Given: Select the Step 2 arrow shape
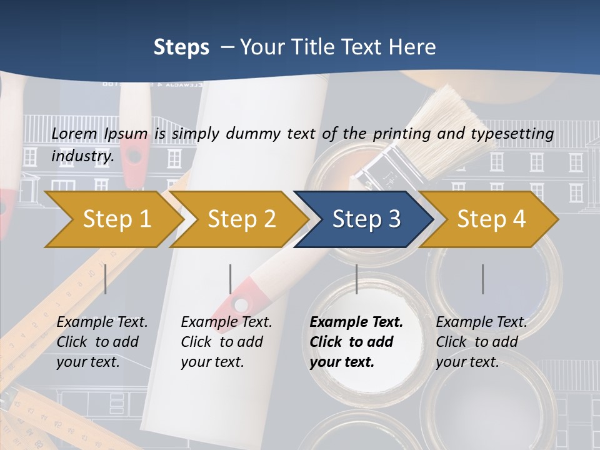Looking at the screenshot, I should [241, 219].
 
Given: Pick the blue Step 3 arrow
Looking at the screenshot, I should [366, 219].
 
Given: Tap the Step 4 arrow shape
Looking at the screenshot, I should [491, 219].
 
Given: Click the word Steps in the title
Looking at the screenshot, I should [181, 47].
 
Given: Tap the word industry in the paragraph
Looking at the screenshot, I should [82, 156].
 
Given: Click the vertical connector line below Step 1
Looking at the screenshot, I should [105, 279].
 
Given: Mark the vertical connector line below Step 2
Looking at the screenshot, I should [231, 279].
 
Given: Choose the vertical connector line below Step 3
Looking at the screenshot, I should [356, 279].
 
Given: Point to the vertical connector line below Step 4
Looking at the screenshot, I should [482, 279].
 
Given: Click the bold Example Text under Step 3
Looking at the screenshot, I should [356, 322].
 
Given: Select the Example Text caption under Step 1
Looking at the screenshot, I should [102, 322].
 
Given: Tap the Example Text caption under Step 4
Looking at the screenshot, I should [481, 322].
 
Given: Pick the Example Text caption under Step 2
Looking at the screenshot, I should [226, 322].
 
